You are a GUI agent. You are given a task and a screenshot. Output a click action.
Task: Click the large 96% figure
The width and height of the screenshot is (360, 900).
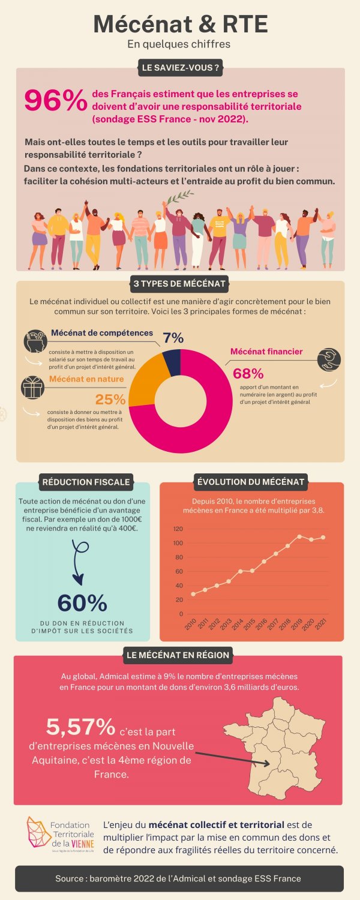point(55,101)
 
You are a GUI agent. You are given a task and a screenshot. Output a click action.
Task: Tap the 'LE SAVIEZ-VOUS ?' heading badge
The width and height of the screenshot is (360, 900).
point(180,68)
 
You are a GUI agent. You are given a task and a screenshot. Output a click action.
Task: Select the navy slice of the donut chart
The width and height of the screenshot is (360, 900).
point(172,362)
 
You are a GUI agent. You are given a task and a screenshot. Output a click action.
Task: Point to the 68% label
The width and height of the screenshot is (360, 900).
point(248,373)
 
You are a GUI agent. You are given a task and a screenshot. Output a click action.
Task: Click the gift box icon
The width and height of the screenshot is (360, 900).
point(33,387)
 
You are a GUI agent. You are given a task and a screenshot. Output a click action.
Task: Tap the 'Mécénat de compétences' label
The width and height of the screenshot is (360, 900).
point(102,333)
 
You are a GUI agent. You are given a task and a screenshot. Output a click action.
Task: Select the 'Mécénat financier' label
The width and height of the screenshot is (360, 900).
point(266,352)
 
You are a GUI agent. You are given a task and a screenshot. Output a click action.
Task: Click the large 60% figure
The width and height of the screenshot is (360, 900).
point(82,603)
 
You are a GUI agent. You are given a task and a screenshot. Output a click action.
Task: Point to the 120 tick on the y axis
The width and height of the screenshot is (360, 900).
point(177,529)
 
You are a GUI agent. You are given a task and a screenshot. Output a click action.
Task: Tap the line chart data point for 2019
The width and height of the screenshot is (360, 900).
point(299,536)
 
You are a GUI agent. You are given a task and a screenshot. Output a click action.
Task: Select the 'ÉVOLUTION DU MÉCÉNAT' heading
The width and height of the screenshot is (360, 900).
point(251,481)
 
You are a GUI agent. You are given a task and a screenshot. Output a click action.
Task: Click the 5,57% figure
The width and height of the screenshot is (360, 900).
point(81,727)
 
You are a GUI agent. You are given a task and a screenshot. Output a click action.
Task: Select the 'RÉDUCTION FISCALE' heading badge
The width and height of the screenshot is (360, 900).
point(86,481)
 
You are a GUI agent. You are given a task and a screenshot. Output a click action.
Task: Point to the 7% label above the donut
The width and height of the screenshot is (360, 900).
point(173,338)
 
